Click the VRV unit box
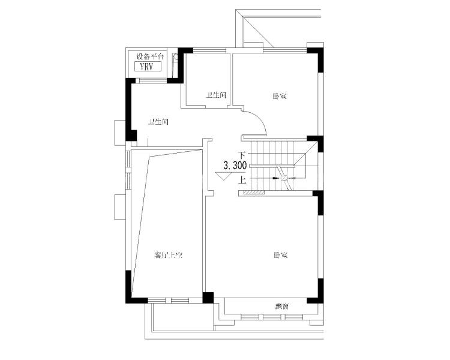146,67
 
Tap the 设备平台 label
149,56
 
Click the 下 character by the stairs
242,155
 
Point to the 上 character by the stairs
242,179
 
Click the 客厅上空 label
168,255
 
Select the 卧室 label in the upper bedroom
278,95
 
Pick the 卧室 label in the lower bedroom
280,255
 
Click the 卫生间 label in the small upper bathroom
216,95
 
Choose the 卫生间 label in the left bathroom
158,122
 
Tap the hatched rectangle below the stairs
251,193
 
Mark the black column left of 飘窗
208,298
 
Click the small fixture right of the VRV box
176,59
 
